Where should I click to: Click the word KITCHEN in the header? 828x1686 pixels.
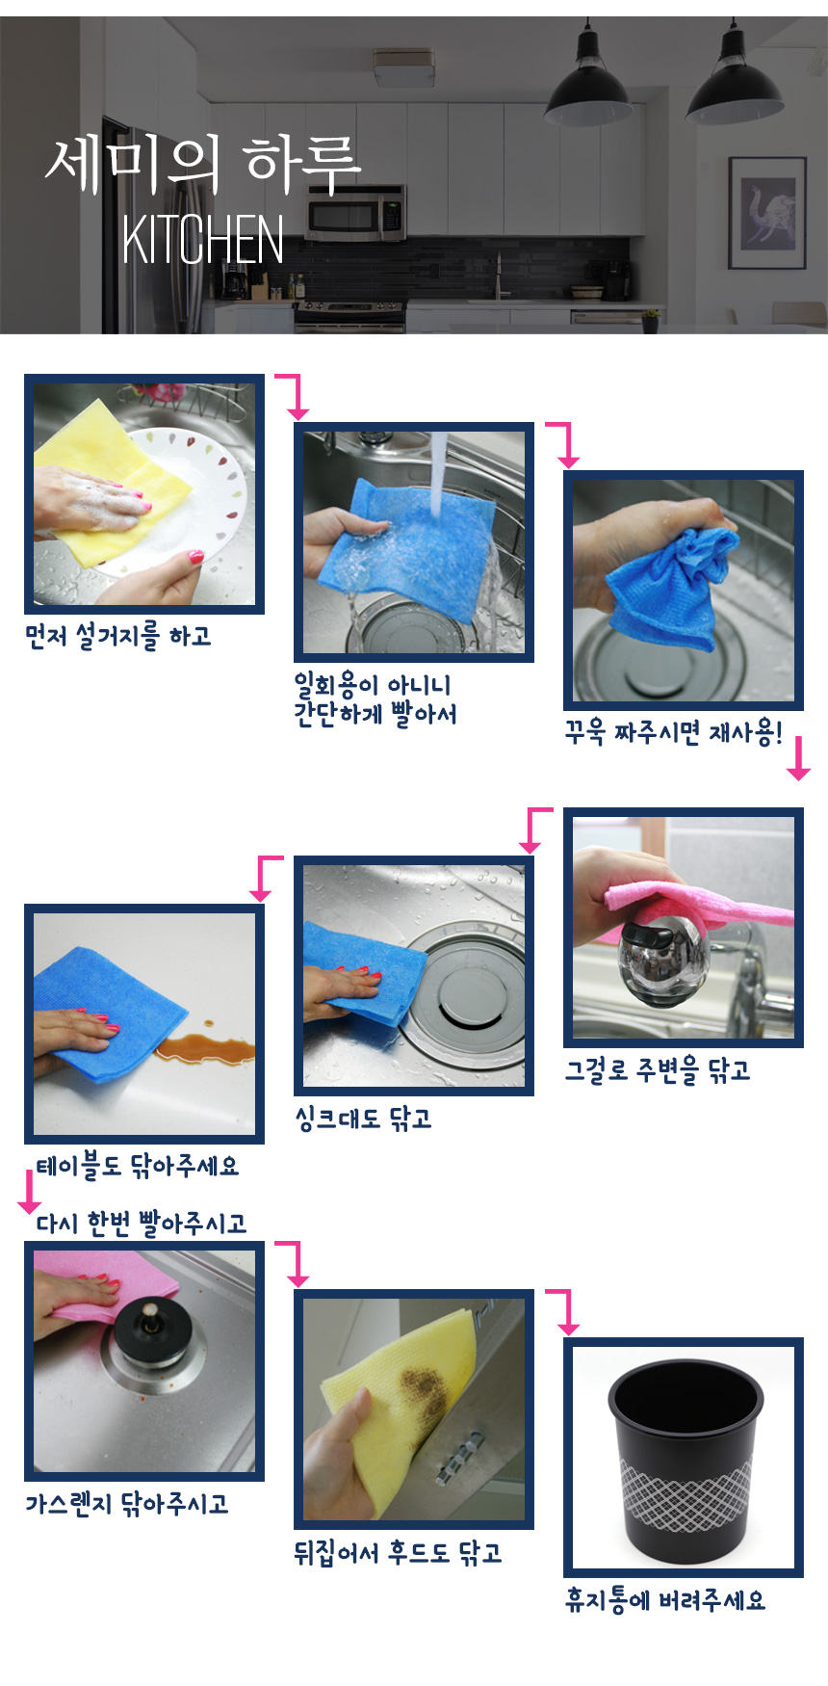(x=203, y=240)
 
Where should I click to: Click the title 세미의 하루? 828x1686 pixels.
(x=203, y=162)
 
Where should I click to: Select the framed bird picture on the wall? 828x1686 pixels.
(x=766, y=212)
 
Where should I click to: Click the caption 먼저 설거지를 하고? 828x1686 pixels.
(x=117, y=636)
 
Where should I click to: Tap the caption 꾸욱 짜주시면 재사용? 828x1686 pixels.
(x=673, y=733)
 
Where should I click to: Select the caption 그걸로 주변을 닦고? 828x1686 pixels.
(x=657, y=1070)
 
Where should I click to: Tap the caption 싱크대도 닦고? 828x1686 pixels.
(x=363, y=1119)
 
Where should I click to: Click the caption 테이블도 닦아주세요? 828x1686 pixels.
(x=137, y=1167)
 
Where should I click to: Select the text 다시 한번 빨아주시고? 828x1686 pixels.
(x=142, y=1224)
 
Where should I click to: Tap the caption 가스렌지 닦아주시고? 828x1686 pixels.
(x=127, y=1504)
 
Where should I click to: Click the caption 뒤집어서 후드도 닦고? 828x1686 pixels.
(x=398, y=1553)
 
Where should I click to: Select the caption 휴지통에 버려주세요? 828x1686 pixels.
(x=665, y=1600)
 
